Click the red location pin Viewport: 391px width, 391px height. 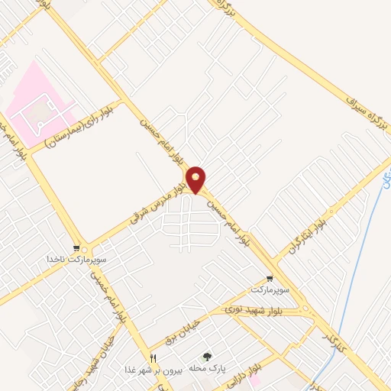point(197,179)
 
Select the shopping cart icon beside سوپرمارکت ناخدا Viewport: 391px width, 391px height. point(76,248)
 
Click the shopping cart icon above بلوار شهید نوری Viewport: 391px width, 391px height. point(269,279)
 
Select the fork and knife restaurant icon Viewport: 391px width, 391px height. point(153,357)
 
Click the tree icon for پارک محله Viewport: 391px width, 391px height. point(206,356)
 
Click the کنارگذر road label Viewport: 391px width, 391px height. point(329,334)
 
